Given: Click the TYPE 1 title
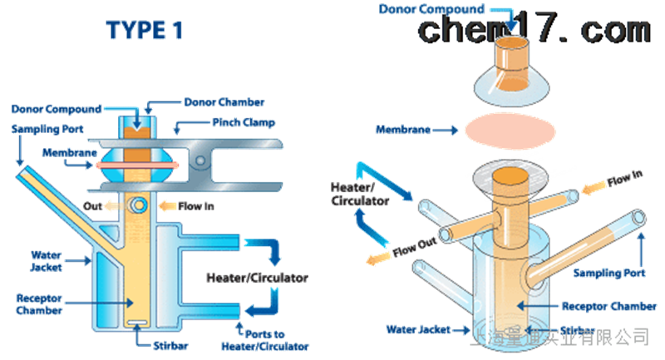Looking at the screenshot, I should (x=144, y=31).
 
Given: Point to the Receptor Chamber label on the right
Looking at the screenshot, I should (x=603, y=306).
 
